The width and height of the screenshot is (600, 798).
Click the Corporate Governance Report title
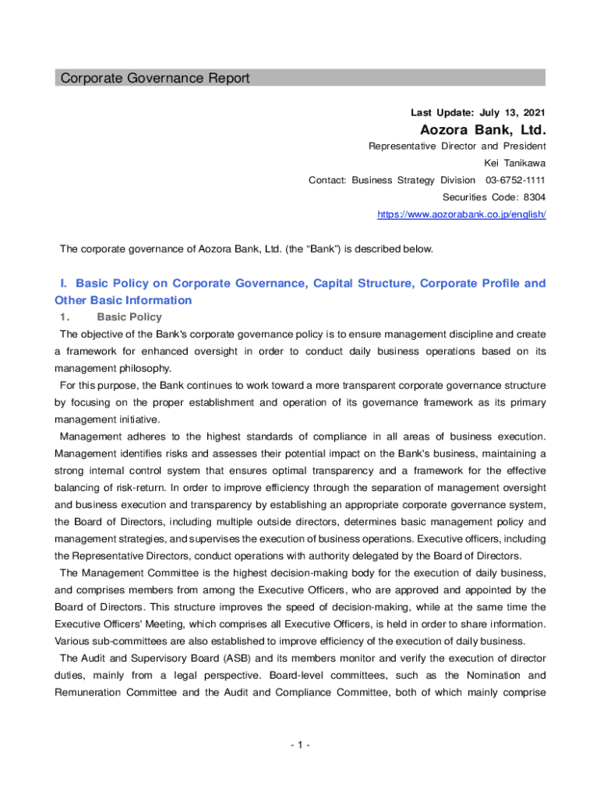(155, 78)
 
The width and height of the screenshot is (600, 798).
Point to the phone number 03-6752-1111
(516, 180)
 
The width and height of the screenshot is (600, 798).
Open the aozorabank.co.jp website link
(461, 214)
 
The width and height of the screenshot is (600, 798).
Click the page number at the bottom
(299, 746)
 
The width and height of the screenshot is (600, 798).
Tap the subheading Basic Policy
(129, 317)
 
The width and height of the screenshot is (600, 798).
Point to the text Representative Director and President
(457, 146)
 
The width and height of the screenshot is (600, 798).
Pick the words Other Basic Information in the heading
(123, 300)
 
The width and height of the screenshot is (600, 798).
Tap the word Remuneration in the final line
(89, 691)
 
